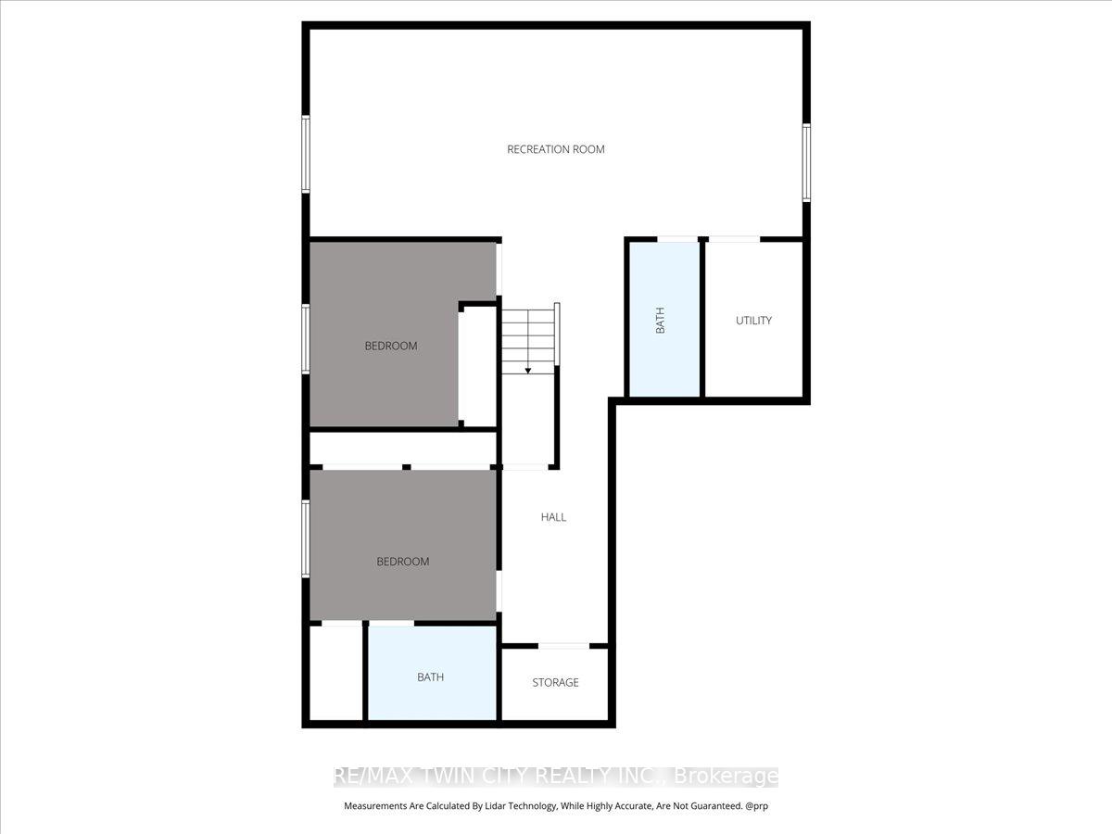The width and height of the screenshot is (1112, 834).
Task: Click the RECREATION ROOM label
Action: pos(556,149)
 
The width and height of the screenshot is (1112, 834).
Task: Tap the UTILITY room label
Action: pos(753,321)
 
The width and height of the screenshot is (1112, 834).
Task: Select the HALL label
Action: pos(553,517)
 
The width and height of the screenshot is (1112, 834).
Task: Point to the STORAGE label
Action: pos(555,683)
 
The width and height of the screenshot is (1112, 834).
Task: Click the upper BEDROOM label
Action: pos(391,346)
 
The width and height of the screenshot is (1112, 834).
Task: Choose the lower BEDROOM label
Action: pos(403,562)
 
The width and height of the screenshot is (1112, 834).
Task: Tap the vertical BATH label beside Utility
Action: pos(660,320)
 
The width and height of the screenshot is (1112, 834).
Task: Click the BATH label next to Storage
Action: pos(430,677)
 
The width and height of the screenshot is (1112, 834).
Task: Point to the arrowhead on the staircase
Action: pos(528,371)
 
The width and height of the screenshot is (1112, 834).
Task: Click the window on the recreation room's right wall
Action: pos(806,162)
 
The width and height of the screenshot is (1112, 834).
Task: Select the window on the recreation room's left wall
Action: pos(306,154)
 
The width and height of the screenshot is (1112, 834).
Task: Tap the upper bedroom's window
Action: pos(306,339)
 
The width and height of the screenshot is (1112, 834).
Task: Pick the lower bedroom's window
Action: pos(306,538)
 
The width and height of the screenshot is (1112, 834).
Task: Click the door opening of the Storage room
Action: pos(563,646)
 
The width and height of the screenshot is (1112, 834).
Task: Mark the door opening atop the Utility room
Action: pos(735,239)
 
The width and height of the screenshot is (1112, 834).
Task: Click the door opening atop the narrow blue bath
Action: pos(677,239)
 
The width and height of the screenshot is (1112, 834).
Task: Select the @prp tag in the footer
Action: pos(757,806)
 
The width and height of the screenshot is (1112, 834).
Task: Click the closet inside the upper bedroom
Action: pos(477,367)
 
